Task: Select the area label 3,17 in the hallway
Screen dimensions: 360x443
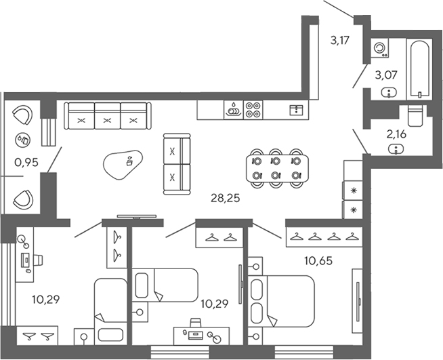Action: tap(340, 40)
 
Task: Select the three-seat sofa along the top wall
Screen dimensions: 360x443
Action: tap(107, 115)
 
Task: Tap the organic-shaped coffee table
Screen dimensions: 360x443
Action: tap(124, 163)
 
